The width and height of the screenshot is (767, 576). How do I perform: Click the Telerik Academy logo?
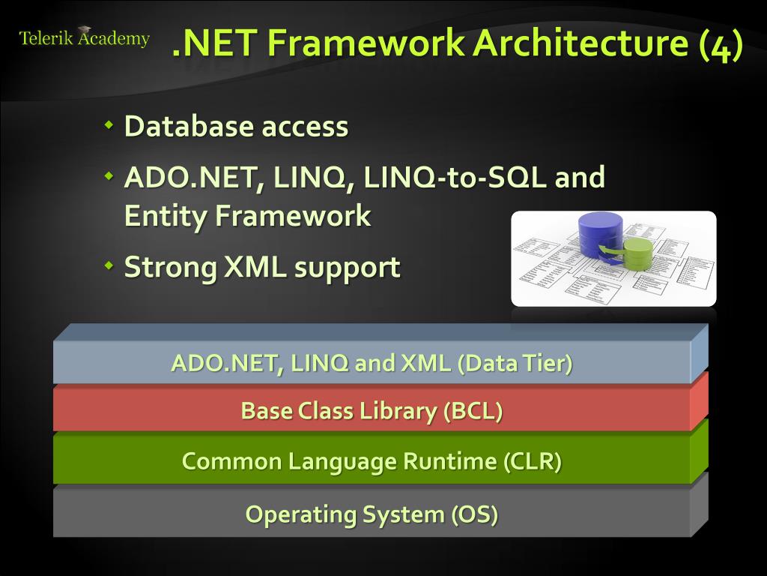click(x=84, y=38)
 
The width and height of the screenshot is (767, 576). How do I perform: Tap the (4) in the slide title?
click(x=721, y=43)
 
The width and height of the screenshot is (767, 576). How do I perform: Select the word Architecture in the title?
click(x=581, y=43)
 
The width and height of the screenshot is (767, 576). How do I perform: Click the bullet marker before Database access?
click(x=109, y=124)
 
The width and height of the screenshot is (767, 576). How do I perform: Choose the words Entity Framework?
click(x=247, y=216)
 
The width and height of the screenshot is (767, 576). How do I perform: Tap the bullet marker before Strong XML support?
click(x=109, y=265)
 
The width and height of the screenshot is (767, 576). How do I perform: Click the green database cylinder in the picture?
click(x=637, y=255)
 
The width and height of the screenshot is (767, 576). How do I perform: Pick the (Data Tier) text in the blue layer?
click(x=515, y=364)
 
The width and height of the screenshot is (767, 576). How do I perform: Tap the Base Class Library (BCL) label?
click(x=372, y=411)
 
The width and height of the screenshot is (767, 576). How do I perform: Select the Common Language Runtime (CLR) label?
click(x=372, y=460)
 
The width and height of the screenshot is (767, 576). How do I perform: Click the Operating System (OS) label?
click(x=372, y=514)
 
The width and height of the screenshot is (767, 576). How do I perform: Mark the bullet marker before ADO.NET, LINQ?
click(x=109, y=175)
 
